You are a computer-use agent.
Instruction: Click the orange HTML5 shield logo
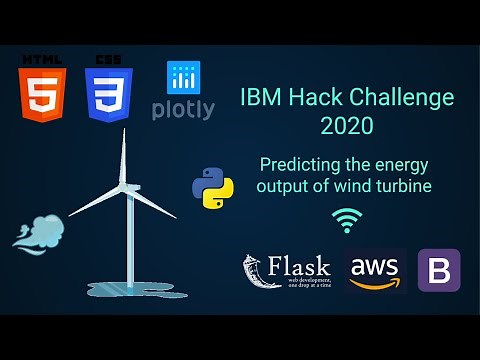[42, 95]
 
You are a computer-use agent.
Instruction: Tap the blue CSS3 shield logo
[109, 95]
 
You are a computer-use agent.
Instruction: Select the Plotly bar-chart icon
[184, 78]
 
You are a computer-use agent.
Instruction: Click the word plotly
[183, 110]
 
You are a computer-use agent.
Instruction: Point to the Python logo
[212, 187]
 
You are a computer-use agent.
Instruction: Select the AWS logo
[376, 270]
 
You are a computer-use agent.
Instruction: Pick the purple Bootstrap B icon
[438, 270]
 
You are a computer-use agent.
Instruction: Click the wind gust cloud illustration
[36, 230]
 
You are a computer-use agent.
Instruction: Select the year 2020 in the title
[346, 126]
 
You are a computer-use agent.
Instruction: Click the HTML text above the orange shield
[42, 59]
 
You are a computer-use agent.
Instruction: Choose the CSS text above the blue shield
[109, 59]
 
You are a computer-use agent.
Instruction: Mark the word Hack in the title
[319, 98]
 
